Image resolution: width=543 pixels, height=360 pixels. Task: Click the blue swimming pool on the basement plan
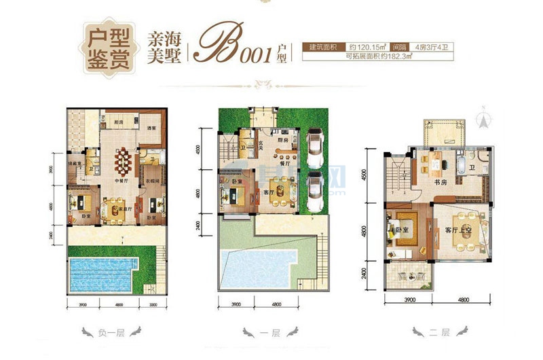click(x=102, y=274)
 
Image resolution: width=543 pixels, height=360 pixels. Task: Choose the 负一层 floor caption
click(x=111, y=334)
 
